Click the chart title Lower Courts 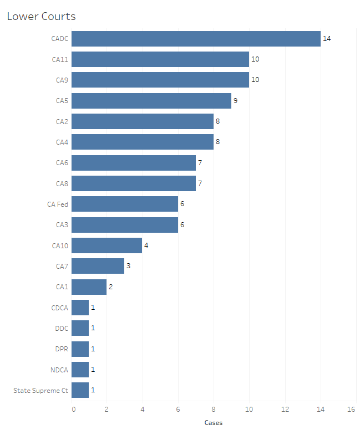(x=41, y=17)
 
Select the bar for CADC (x=196, y=39)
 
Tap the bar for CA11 (x=160, y=59)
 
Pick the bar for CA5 (x=151, y=101)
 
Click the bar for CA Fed (x=125, y=204)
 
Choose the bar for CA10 (x=107, y=245)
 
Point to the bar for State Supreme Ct (x=80, y=390)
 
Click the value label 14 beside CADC (x=327, y=39)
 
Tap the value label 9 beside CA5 (x=236, y=101)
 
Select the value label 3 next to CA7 (x=129, y=266)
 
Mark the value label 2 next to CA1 (x=111, y=287)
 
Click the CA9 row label (x=62, y=80)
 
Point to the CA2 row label (x=62, y=121)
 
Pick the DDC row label (x=62, y=328)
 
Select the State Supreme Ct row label (x=41, y=390)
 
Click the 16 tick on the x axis (x=352, y=409)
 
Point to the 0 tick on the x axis (x=74, y=409)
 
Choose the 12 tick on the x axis (x=285, y=409)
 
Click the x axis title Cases (x=214, y=423)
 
